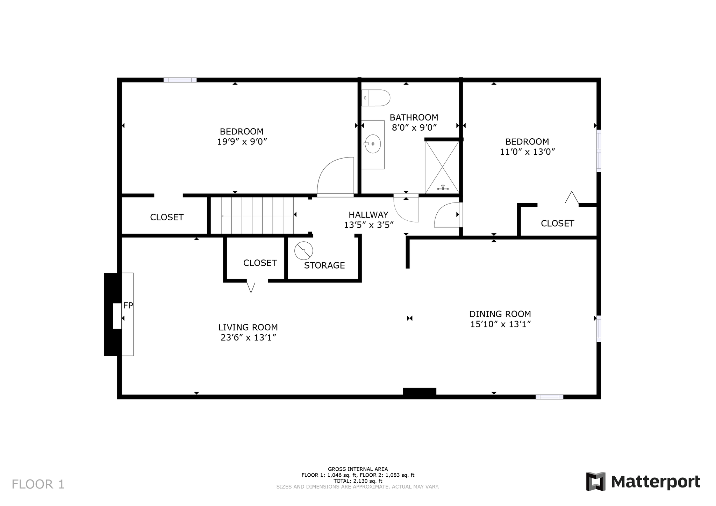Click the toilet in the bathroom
click(375, 98)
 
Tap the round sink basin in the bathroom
click(373, 144)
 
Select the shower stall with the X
click(442, 167)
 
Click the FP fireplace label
click(128, 306)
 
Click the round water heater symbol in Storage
click(303, 251)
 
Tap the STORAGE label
click(324, 265)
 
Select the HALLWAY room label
click(368, 215)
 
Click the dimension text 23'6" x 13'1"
click(249, 338)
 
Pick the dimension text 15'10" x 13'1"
click(501, 324)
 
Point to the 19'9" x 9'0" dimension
click(242, 142)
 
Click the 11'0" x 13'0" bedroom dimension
click(528, 152)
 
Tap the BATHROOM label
click(414, 117)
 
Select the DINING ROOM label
click(500, 314)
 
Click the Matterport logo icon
click(596, 482)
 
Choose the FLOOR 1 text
click(38, 484)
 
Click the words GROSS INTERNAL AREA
click(358, 469)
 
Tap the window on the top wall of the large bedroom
click(180, 80)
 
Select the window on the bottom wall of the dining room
click(549, 397)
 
